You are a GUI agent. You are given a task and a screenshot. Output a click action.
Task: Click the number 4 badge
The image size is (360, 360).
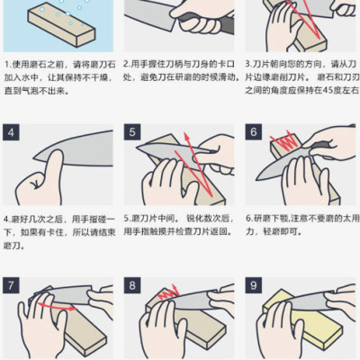[13, 132]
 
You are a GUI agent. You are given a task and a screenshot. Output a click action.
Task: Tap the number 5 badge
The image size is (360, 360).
[132, 132]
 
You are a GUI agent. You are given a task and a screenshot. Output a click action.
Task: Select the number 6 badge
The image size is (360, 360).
[253, 132]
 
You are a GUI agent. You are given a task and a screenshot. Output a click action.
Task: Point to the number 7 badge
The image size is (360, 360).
[13, 286]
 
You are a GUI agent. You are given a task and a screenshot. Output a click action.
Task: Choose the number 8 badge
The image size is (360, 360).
[132, 286]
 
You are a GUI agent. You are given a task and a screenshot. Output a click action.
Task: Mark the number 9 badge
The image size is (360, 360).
[253, 286]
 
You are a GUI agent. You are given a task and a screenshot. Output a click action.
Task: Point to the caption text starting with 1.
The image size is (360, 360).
[58, 78]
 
